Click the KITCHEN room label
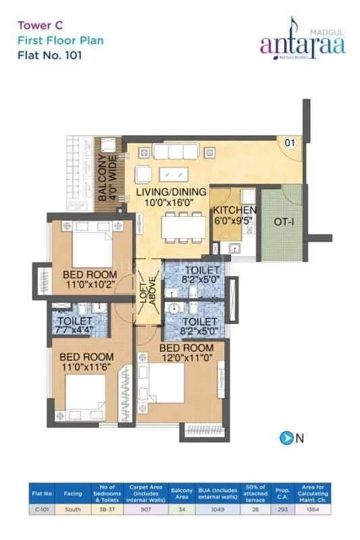coord(235,210)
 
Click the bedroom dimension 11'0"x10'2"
coord(90,286)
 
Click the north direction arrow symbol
coord(285,437)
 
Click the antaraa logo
coord(303,44)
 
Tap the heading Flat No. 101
coord(51,56)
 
